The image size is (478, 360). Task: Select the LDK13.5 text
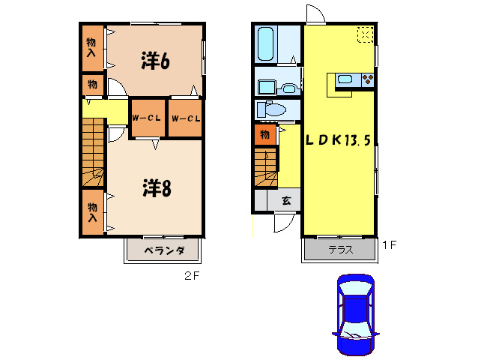coord(337,139)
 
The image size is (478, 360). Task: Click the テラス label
coord(339,250)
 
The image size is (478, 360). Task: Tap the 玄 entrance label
coord(286,200)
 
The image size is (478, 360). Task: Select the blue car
coord(354,314)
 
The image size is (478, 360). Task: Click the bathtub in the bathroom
coord(265,44)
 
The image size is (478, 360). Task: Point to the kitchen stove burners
coord(367,79)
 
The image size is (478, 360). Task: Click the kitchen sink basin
coord(345,79)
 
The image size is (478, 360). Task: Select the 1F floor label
coord(388,244)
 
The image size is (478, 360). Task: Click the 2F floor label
coord(193,275)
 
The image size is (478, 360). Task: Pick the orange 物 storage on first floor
coord(264,135)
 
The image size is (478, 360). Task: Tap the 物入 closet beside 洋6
coord(91,47)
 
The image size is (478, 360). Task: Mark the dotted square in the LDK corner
coord(364,34)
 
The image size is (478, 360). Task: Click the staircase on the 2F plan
coord(93,154)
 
